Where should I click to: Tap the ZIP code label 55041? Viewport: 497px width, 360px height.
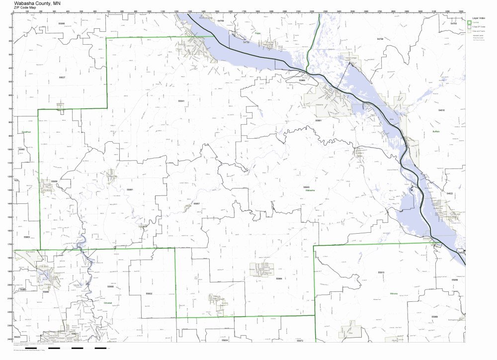pyautogui.click(x=181, y=101)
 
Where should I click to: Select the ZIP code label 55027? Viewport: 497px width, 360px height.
pyautogui.click(x=61, y=78)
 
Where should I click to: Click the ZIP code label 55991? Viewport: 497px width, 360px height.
pyautogui.click(x=130, y=189)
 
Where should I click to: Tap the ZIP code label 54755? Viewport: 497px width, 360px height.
pyautogui.click(x=453, y=24)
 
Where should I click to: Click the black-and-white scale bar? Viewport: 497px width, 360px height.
pyautogui.click(x=75, y=348)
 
